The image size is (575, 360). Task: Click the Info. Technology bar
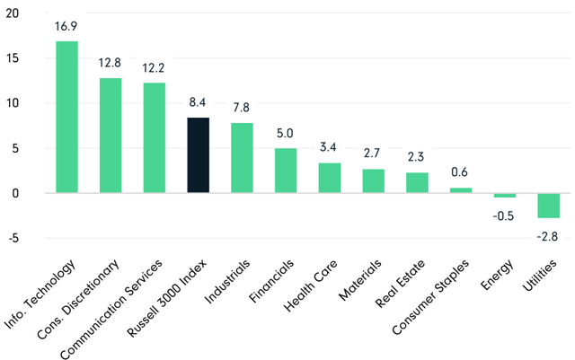[x=66, y=117]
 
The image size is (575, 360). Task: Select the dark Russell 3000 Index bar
[x=199, y=155]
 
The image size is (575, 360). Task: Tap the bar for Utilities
[x=549, y=206]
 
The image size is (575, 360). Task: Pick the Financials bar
[x=286, y=171]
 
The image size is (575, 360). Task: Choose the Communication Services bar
[x=155, y=137]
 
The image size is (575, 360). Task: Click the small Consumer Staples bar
[x=461, y=190]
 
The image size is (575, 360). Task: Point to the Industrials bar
[x=243, y=158]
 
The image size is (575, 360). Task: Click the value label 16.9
[x=66, y=26]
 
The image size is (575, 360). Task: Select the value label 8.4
[x=199, y=102]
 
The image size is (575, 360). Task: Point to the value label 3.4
[x=330, y=147]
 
